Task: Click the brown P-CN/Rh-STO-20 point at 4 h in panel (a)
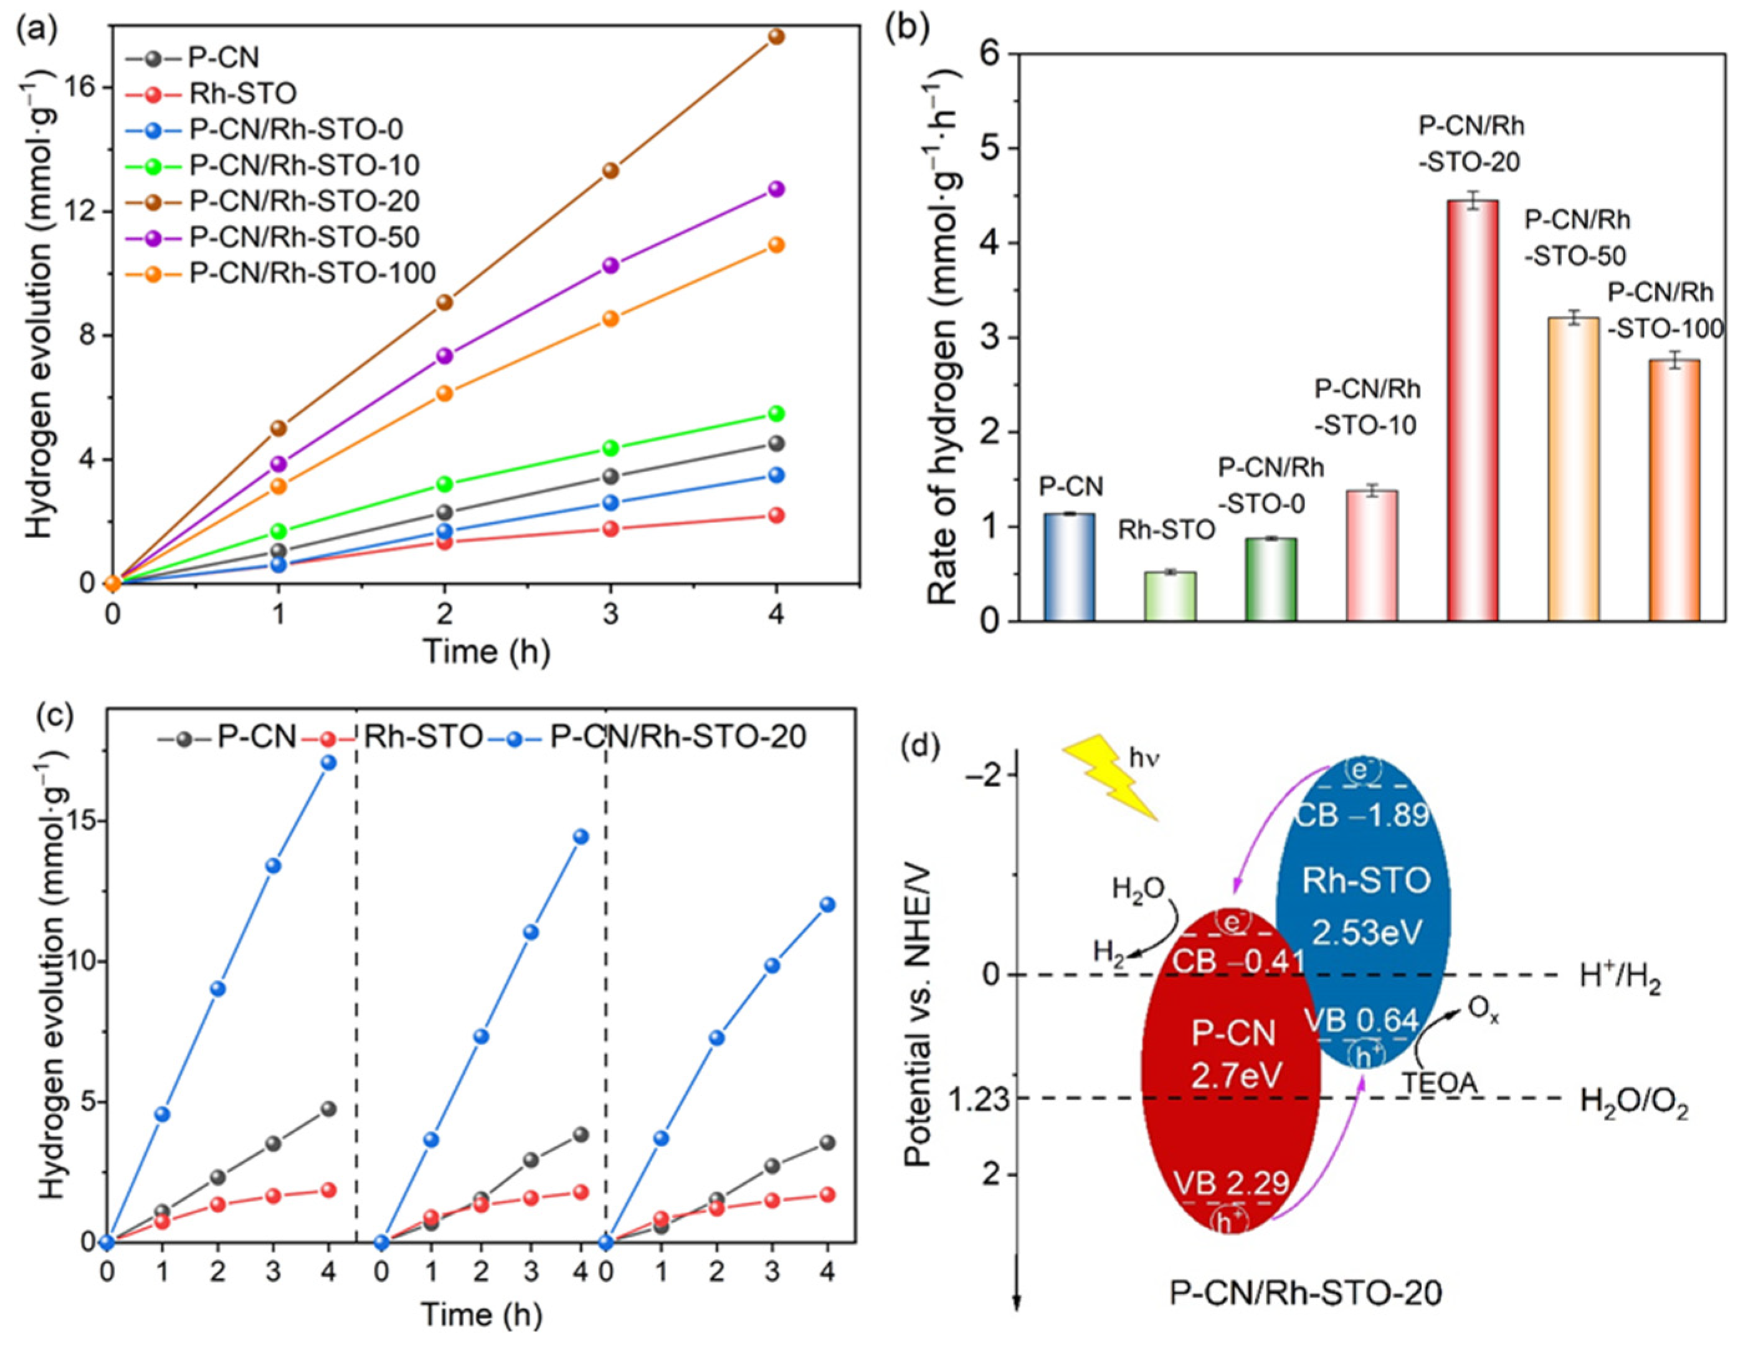pyautogui.click(x=776, y=37)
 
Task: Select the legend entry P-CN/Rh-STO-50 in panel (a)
pyautogui.click(x=303, y=237)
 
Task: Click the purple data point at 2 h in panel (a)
pyautogui.click(x=445, y=356)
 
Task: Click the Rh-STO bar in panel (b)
pyautogui.click(x=1170, y=596)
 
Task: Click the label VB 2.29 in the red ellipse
pyautogui.click(x=1232, y=1181)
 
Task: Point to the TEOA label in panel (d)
pyautogui.click(x=1440, y=1083)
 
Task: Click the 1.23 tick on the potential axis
pyautogui.click(x=979, y=1099)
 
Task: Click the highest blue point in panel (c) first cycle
pyautogui.click(x=328, y=763)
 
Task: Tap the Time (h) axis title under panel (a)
pyautogui.click(x=486, y=651)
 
